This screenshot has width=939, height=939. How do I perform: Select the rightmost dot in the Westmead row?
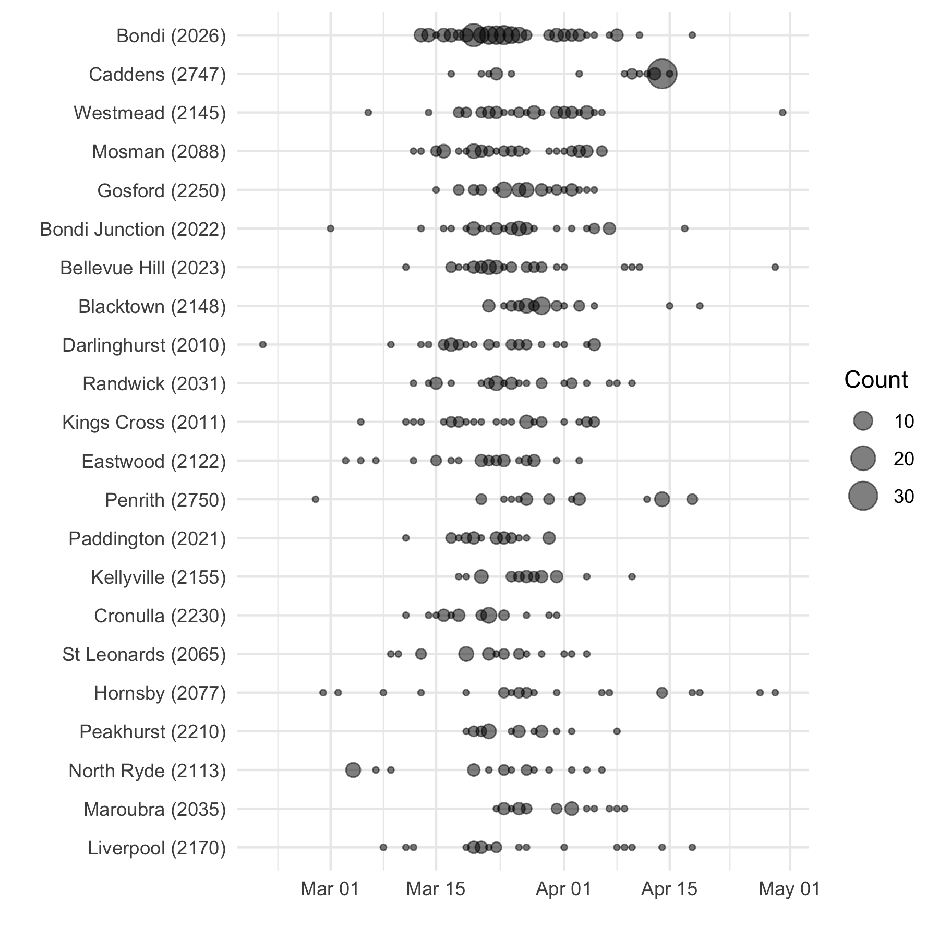(x=782, y=113)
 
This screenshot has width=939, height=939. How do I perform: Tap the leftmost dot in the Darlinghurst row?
(x=263, y=345)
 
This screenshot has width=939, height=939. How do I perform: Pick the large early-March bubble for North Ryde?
(x=353, y=770)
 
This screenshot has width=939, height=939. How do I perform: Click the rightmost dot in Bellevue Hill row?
(x=775, y=268)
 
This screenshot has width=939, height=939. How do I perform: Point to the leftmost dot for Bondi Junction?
(x=330, y=228)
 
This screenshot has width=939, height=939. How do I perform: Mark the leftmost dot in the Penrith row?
(x=315, y=500)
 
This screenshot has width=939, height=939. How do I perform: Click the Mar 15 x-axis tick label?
(x=436, y=889)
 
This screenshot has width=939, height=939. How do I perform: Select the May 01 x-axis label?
(x=789, y=889)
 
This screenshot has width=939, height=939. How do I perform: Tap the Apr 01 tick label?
(x=563, y=889)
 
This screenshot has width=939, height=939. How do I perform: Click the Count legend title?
(x=876, y=380)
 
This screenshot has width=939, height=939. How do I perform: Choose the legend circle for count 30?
(x=863, y=496)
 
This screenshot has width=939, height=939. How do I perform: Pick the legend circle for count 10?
(x=863, y=420)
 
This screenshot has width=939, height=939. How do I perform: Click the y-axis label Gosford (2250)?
(x=162, y=191)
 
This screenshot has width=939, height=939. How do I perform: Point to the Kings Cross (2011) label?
(x=144, y=423)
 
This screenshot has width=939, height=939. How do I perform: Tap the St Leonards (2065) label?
(x=144, y=655)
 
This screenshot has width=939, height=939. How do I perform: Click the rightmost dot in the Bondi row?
(x=692, y=35)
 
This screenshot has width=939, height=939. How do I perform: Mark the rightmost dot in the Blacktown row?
(x=700, y=306)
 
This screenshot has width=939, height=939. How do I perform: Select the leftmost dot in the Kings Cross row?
(x=360, y=422)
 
